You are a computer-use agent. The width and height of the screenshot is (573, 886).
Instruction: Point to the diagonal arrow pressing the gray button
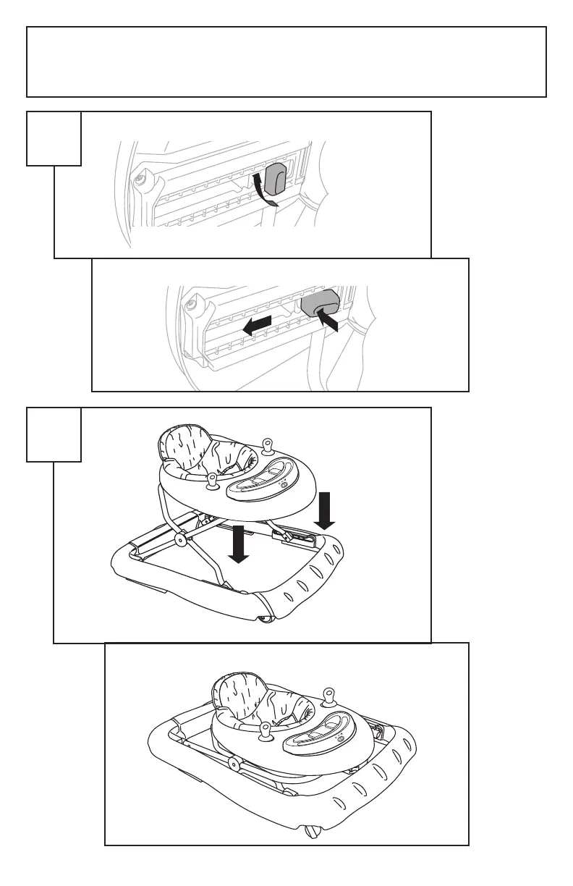pyautogui.click(x=328, y=319)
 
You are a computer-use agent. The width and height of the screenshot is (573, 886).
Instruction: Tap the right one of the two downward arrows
pyautogui.click(x=324, y=510)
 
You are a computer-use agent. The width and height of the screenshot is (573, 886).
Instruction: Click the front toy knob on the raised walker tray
pyautogui.click(x=213, y=481)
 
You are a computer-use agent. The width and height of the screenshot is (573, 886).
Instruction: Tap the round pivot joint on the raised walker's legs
pyautogui.click(x=178, y=539)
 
